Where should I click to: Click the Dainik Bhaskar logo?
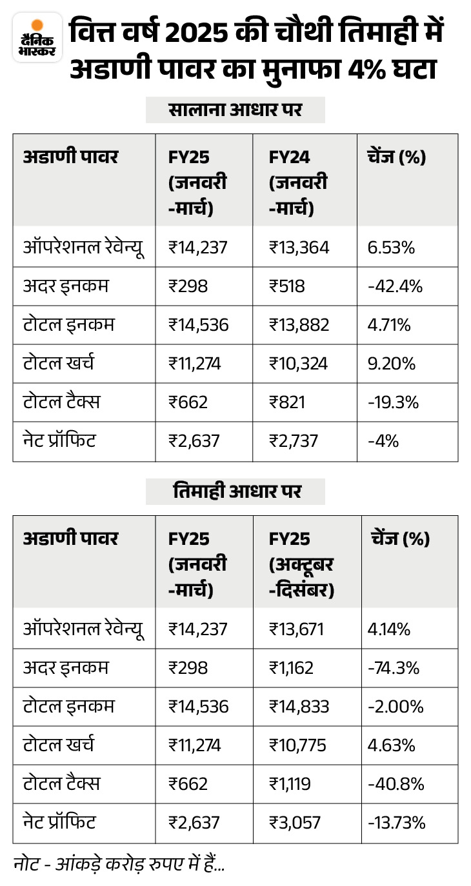click(x=37, y=37)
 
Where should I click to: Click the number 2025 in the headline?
click(x=196, y=32)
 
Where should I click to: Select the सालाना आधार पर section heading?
click(x=235, y=110)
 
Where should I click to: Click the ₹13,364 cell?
click(x=299, y=248)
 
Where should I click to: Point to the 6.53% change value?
click(x=391, y=248)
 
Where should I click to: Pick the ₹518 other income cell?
click(x=287, y=286)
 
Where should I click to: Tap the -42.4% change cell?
click(x=395, y=286)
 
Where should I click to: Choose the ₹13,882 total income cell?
click(x=299, y=325)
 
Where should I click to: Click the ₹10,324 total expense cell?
click(x=299, y=364)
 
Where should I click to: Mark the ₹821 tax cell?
click(x=287, y=402)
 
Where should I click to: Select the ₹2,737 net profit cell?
click(x=294, y=441)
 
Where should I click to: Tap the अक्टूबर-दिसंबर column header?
click(x=301, y=578)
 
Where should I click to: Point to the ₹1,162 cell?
click(x=291, y=668)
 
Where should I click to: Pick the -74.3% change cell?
click(x=394, y=668)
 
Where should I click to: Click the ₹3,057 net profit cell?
click(x=294, y=822)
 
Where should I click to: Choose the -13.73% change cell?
click(x=397, y=822)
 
